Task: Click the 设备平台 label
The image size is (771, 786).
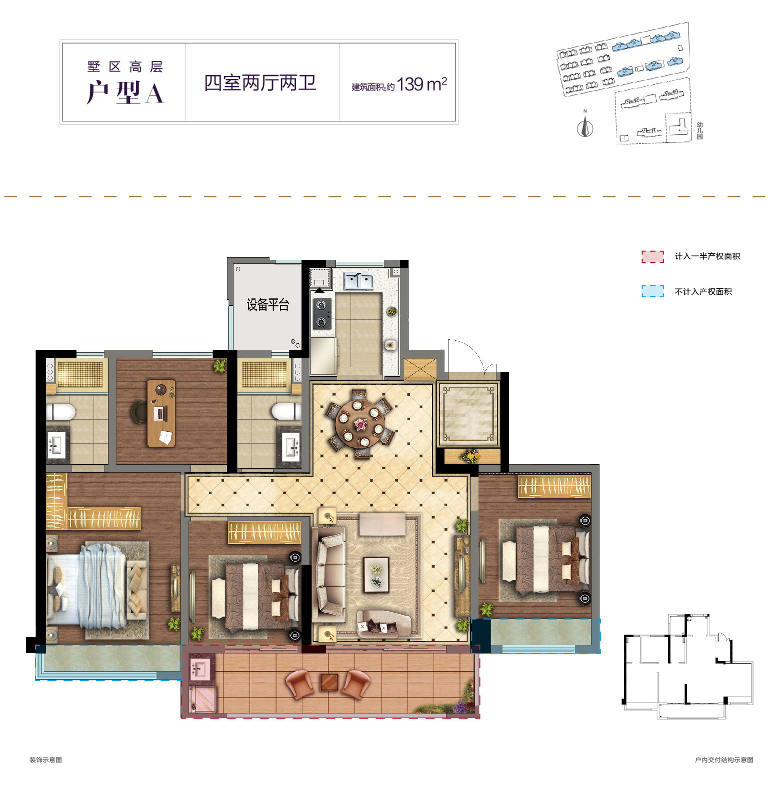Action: [x=267, y=305]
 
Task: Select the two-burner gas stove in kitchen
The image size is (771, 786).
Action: [x=321, y=314]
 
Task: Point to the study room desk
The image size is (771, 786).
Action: [x=161, y=413]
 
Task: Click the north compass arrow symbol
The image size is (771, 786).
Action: [x=584, y=127]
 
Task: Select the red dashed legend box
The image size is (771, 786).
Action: [x=652, y=256]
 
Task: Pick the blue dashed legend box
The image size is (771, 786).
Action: [x=652, y=291]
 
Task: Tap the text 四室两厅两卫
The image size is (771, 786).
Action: [x=260, y=83]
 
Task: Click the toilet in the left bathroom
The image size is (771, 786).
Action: [x=61, y=412]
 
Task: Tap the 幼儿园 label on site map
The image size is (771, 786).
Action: [x=699, y=131]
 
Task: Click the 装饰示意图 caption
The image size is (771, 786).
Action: [x=45, y=760]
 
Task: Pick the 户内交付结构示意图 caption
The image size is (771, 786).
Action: [x=723, y=760]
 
